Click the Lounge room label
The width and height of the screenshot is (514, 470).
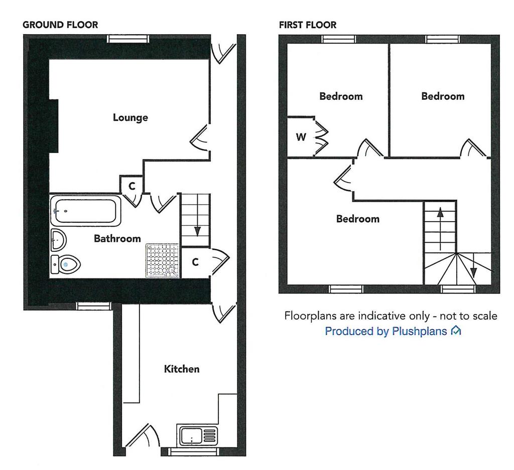click(x=130, y=117)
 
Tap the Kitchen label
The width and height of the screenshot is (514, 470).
click(x=182, y=369)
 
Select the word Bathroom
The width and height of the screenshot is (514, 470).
click(x=117, y=238)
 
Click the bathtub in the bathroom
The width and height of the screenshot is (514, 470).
click(x=86, y=211)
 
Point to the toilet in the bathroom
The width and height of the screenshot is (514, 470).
click(x=66, y=264)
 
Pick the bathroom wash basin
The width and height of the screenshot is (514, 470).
click(x=58, y=240)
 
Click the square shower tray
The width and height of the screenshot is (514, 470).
click(x=163, y=261)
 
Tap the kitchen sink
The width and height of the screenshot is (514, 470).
click(x=198, y=436)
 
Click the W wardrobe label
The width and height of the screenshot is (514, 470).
click(x=301, y=137)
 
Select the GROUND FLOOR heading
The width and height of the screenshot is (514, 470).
click(x=60, y=25)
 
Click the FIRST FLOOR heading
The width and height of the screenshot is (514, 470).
click(x=308, y=25)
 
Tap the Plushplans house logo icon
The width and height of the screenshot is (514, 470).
click(x=456, y=331)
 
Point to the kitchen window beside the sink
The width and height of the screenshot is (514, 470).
click(x=193, y=452)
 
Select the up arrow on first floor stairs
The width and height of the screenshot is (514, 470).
click(x=440, y=229)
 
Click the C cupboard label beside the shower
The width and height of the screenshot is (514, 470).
click(x=195, y=262)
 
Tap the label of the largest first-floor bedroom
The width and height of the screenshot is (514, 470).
click(x=357, y=219)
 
